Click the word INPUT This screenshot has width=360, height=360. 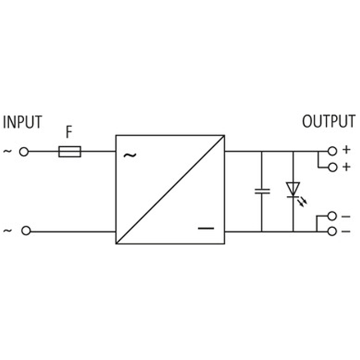[22, 122]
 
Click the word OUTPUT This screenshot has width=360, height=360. [329, 121]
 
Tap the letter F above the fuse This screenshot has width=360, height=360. [69, 132]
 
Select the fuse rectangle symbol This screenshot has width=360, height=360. [70, 152]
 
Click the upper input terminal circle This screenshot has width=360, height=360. [24, 152]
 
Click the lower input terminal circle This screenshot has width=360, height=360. [26, 231]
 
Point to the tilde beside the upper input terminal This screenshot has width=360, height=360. [7, 151]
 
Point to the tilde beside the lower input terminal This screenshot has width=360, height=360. [7, 230]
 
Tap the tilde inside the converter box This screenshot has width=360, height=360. [130, 155]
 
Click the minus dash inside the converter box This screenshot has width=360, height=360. [206, 229]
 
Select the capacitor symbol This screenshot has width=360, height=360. [262, 191]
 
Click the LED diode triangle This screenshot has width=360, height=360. [293, 189]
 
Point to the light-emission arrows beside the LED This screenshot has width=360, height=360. [302, 202]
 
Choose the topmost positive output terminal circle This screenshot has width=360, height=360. [332, 151]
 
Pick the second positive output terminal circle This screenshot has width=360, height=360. [333, 167]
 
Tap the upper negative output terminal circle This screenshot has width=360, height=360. [332, 216]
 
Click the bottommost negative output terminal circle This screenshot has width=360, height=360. [332, 232]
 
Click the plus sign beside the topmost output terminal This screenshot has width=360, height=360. [346, 150]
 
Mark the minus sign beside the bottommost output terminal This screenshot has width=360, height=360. [346, 232]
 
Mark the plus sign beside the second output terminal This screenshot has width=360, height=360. [346, 166]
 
